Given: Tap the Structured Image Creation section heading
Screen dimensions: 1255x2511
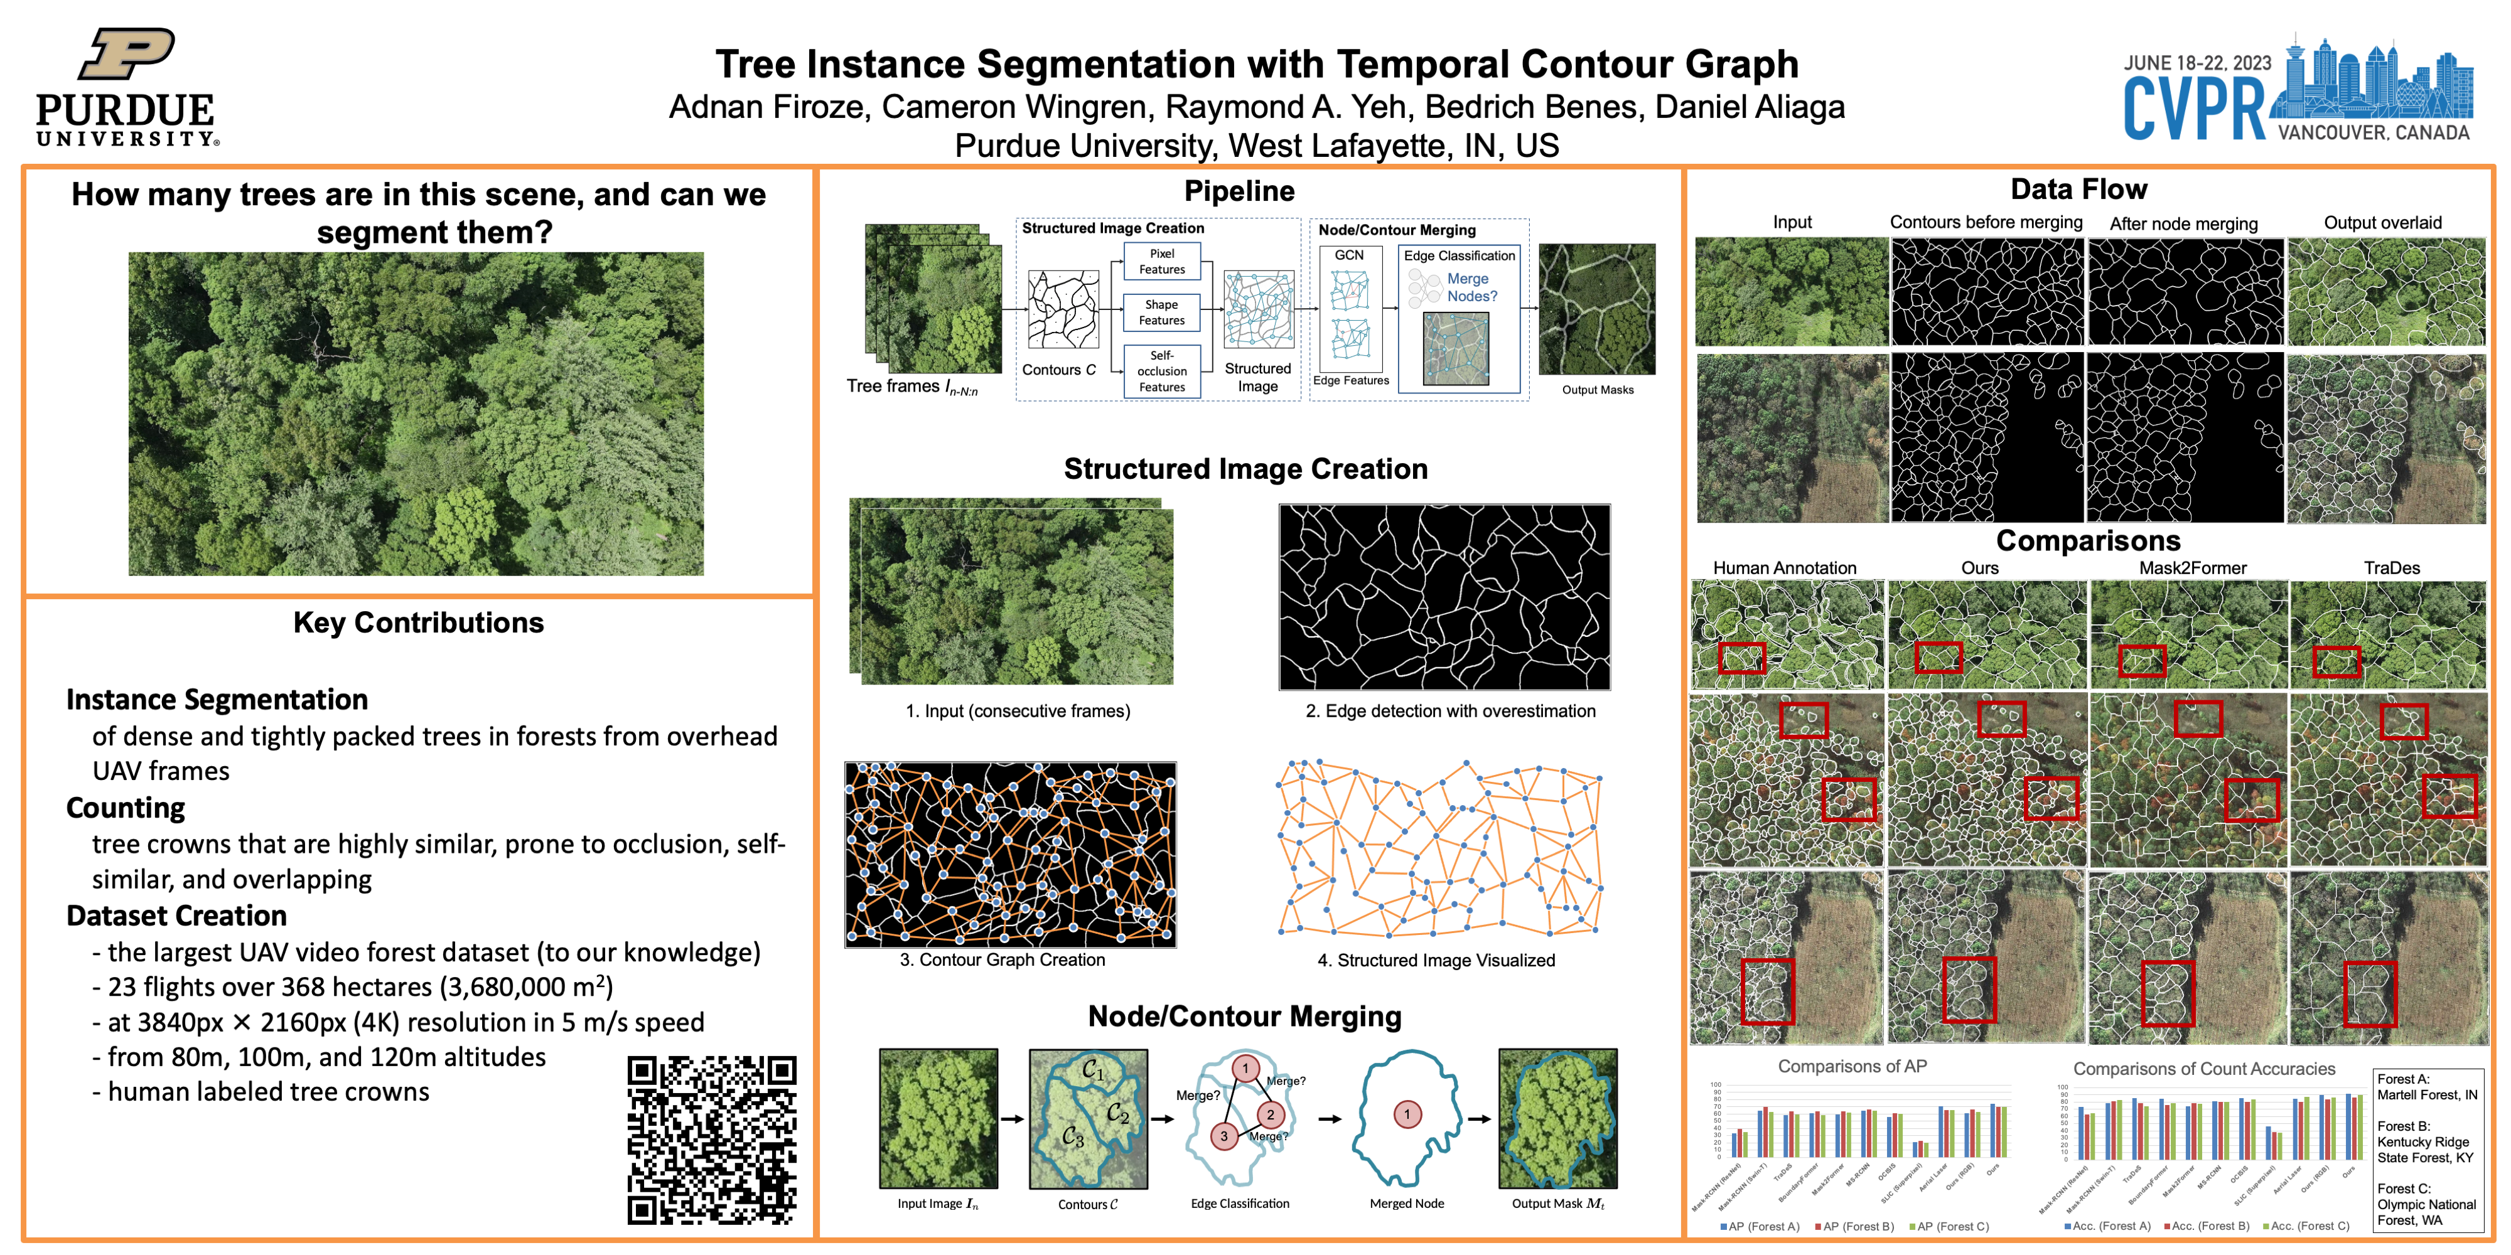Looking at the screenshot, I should tap(1245, 469).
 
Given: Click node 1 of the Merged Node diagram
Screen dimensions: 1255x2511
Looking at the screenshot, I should tap(1407, 1114).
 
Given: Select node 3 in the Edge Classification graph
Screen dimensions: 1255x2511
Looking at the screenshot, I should tap(1224, 1136).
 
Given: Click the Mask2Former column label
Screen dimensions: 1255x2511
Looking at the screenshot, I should tap(2192, 568).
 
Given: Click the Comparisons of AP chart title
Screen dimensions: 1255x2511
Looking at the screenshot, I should tap(1851, 1066).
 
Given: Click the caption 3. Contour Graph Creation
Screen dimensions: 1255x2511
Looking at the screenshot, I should tap(1002, 960).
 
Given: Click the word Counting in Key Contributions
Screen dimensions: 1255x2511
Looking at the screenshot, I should tap(126, 808).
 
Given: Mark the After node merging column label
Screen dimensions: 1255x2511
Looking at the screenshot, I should tap(2183, 223).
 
